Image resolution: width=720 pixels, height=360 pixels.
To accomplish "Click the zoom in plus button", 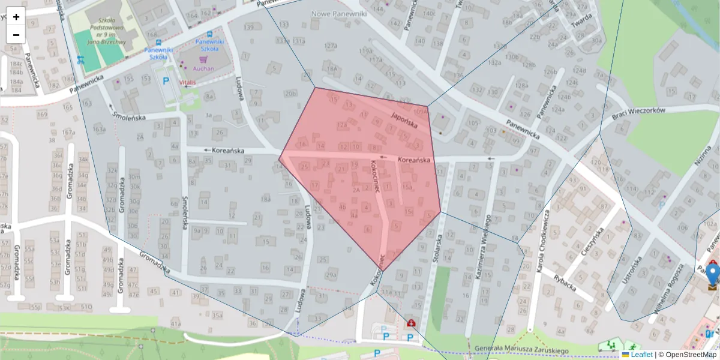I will [16, 17].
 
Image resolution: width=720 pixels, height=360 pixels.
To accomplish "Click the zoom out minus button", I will [16, 34].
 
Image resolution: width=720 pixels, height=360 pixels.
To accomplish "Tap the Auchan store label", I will [203, 69].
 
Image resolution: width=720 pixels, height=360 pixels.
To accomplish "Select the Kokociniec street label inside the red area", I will [375, 175].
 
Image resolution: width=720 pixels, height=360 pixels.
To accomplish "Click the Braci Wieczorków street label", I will [639, 114].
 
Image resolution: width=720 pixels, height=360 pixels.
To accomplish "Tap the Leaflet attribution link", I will [641, 355].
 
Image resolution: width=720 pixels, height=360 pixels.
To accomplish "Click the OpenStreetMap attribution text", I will [690, 355].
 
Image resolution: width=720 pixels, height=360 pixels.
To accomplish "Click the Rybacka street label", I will [565, 282].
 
